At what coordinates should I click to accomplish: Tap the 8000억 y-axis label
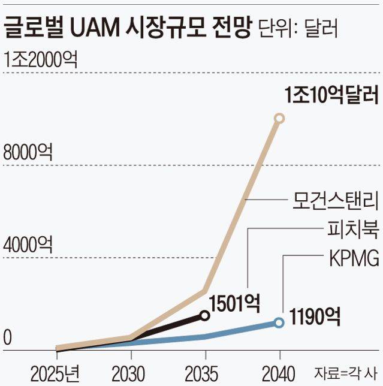pos(28,152)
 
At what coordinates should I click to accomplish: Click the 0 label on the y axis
pos(8,338)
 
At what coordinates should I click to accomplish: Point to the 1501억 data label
pos(235,304)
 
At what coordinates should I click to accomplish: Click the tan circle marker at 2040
pos(279,119)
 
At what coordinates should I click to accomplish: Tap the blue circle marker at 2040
pos(279,322)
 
